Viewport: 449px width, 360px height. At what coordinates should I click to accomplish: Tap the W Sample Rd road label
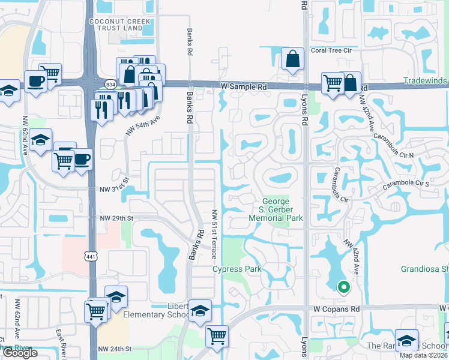tap(244, 87)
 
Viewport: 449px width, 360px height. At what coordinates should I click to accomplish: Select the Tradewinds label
tap(426, 81)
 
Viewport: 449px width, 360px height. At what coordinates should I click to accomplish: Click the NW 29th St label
tap(116, 217)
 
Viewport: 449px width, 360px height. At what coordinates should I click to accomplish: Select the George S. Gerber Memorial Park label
tap(276, 209)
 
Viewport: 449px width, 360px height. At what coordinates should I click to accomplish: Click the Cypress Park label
tap(237, 269)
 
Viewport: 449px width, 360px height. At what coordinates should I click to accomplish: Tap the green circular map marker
tap(343, 287)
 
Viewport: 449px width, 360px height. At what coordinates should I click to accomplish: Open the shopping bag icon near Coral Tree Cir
tap(292, 59)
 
